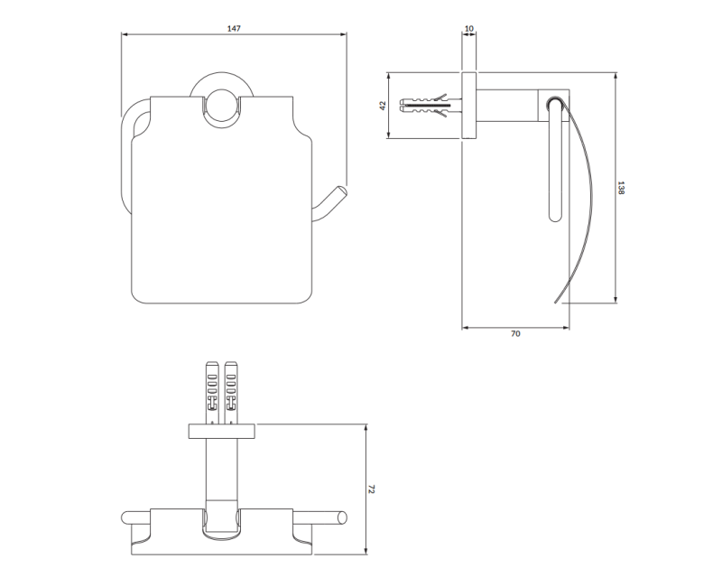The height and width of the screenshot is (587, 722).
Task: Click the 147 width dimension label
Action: pos(234,29)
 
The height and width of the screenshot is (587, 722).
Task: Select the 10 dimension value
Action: pos(468,29)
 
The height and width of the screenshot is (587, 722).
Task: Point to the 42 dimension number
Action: pos(382,106)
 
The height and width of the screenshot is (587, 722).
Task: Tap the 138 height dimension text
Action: pos(621,188)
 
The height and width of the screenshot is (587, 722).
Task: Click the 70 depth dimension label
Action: pos(515,333)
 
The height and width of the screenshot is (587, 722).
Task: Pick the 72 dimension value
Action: pos(372,489)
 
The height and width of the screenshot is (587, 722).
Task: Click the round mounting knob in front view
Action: pos(221,108)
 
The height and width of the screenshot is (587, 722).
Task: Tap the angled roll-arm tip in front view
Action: pos(342,191)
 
